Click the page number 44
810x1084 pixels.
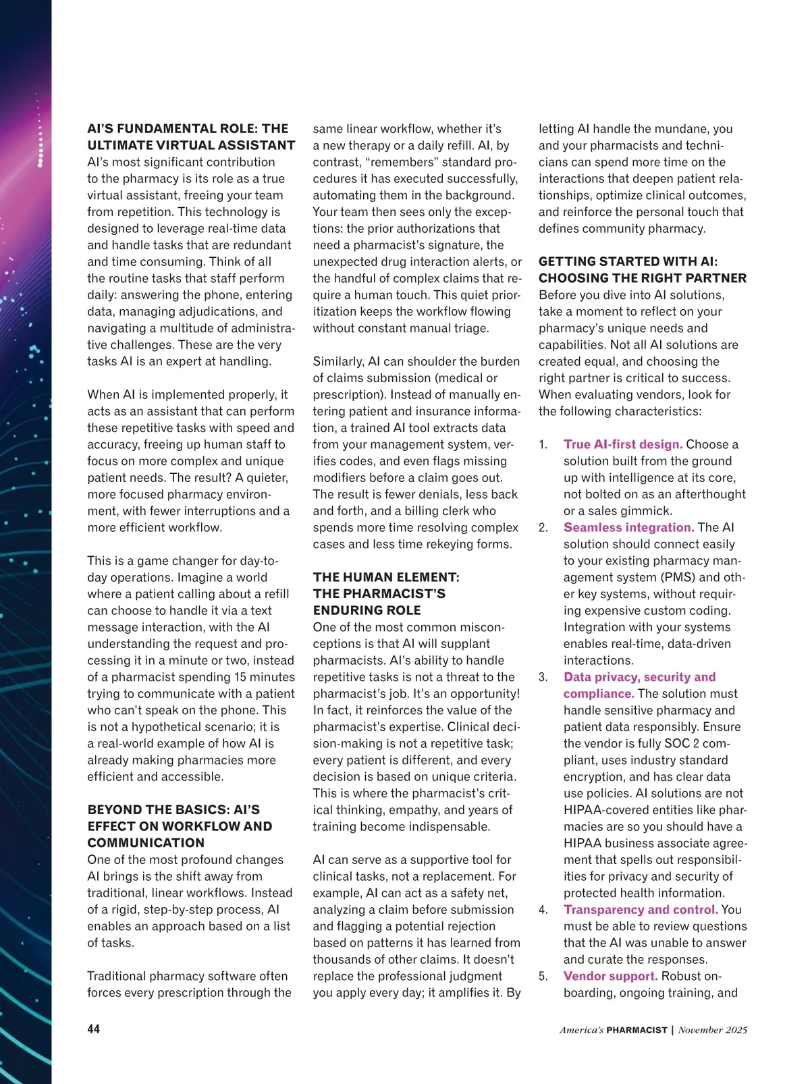point(93,1029)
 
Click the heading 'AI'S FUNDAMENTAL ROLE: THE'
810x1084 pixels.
point(188,128)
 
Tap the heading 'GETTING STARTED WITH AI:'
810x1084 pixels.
point(628,261)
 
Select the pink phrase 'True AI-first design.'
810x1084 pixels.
point(623,444)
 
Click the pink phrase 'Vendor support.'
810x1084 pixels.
point(610,976)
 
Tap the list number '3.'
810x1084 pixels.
point(543,677)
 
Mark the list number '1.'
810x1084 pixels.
point(543,444)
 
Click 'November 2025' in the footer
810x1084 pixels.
point(713,1030)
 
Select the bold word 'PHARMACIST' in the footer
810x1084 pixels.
point(637,1030)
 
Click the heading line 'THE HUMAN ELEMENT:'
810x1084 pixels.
point(386,577)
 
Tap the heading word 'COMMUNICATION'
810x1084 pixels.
point(146,842)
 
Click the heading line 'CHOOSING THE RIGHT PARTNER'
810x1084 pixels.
point(643,278)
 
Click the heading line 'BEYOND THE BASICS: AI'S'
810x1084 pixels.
point(173,809)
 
